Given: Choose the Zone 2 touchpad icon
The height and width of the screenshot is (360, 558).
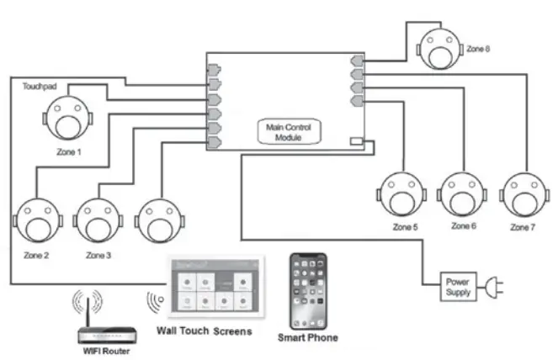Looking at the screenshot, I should tap(35, 220).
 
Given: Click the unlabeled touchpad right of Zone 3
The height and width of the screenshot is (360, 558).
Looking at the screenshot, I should tap(158, 220).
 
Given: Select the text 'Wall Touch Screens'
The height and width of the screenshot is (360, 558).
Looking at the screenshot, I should tap(205, 331).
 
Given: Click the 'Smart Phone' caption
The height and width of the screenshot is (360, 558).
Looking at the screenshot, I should tap(308, 337).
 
